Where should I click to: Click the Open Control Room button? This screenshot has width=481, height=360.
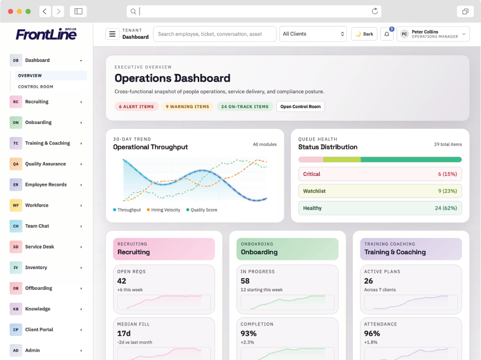click(300, 107)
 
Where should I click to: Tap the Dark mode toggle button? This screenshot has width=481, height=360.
click(364, 34)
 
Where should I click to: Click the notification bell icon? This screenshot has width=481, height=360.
click(387, 34)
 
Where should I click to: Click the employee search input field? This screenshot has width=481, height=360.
click(215, 34)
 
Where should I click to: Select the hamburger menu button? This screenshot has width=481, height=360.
click(112, 34)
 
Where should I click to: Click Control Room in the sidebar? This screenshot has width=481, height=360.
click(36, 87)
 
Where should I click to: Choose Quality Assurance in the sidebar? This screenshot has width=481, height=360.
click(45, 164)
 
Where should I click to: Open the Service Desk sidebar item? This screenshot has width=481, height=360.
click(39, 247)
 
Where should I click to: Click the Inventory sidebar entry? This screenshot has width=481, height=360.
click(36, 267)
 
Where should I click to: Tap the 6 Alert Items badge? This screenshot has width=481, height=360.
click(136, 107)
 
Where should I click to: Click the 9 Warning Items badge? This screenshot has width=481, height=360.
click(187, 107)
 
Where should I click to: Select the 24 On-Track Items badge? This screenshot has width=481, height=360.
click(245, 107)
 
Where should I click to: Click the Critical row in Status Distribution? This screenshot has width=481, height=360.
click(380, 174)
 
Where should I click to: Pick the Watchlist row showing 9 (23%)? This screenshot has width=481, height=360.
click(380, 191)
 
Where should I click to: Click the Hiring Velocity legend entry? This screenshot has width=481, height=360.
click(163, 210)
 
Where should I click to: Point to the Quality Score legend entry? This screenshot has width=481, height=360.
click(202, 210)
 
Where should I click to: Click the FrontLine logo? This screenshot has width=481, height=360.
click(46, 34)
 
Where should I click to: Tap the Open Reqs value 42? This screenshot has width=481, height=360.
click(122, 281)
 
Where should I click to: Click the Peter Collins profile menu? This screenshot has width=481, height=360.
click(433, 34)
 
